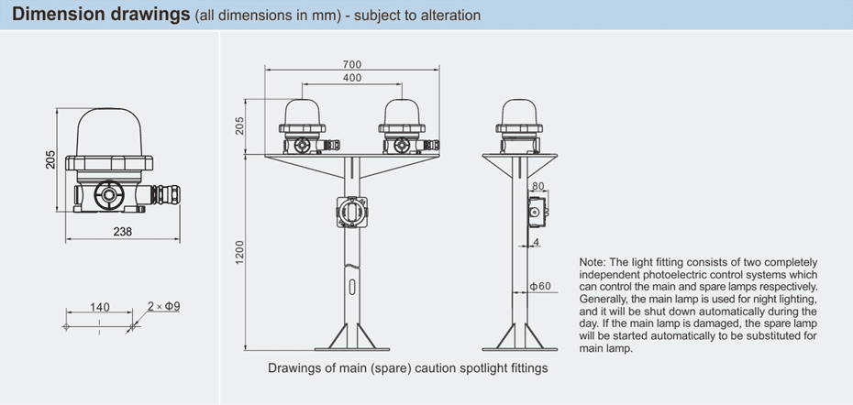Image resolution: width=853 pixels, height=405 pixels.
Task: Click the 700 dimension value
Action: pos(352,64)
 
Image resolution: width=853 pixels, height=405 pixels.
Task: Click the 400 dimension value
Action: pos(352,79)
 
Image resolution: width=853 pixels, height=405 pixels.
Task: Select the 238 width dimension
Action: pos(122,232)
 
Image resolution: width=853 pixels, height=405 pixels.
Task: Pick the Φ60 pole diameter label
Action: pos(540,287)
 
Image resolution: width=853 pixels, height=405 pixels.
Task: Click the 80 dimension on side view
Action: pos(537,187)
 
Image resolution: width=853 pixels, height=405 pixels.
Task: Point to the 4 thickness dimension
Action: pos(536,242)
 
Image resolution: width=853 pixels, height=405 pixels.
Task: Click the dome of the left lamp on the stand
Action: pos(305,113)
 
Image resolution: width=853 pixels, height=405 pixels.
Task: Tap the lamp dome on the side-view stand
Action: pos(519,113)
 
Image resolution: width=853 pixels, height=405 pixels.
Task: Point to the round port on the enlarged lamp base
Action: pos(110,195)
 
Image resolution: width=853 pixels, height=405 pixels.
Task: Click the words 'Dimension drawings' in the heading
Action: pos(102,15)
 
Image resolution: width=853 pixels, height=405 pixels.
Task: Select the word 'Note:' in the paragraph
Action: pos(592,263)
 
